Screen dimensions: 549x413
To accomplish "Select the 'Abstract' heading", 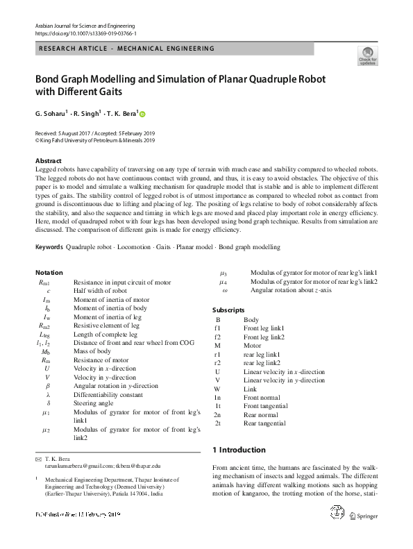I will pyautogui.click(x=48, y=161).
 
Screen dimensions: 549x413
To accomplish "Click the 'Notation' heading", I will pyautogui.click(x=49, y=273).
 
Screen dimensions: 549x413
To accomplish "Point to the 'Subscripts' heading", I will pyautogui.click(x=228, y=310).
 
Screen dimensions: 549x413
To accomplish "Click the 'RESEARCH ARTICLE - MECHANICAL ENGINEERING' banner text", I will pyautogui.click(x=127, y=49).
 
